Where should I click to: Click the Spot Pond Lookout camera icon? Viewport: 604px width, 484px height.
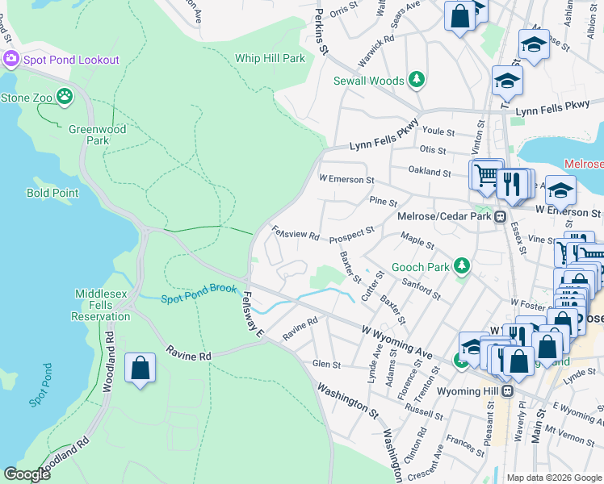(10, 59)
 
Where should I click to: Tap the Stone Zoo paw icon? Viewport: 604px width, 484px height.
(64, 98)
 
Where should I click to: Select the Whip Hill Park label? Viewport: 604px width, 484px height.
(270, 58)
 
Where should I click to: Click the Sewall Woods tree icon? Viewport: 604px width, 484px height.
(417, 80)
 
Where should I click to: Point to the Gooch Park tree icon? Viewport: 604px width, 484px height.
(461, 265)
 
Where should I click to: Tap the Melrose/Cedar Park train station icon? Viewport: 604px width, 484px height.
(501, 216)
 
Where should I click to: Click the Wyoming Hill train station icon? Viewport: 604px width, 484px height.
(507, 391)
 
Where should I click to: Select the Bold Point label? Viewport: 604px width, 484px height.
(52, 193)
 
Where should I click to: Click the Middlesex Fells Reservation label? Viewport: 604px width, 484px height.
(102, 305)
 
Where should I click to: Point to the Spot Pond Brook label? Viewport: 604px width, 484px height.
(198, 294)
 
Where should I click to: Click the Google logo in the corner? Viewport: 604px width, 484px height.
(27, 474)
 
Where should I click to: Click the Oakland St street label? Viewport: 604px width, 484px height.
(430, 172)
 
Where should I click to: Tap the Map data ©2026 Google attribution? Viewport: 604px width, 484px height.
(554, 478)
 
